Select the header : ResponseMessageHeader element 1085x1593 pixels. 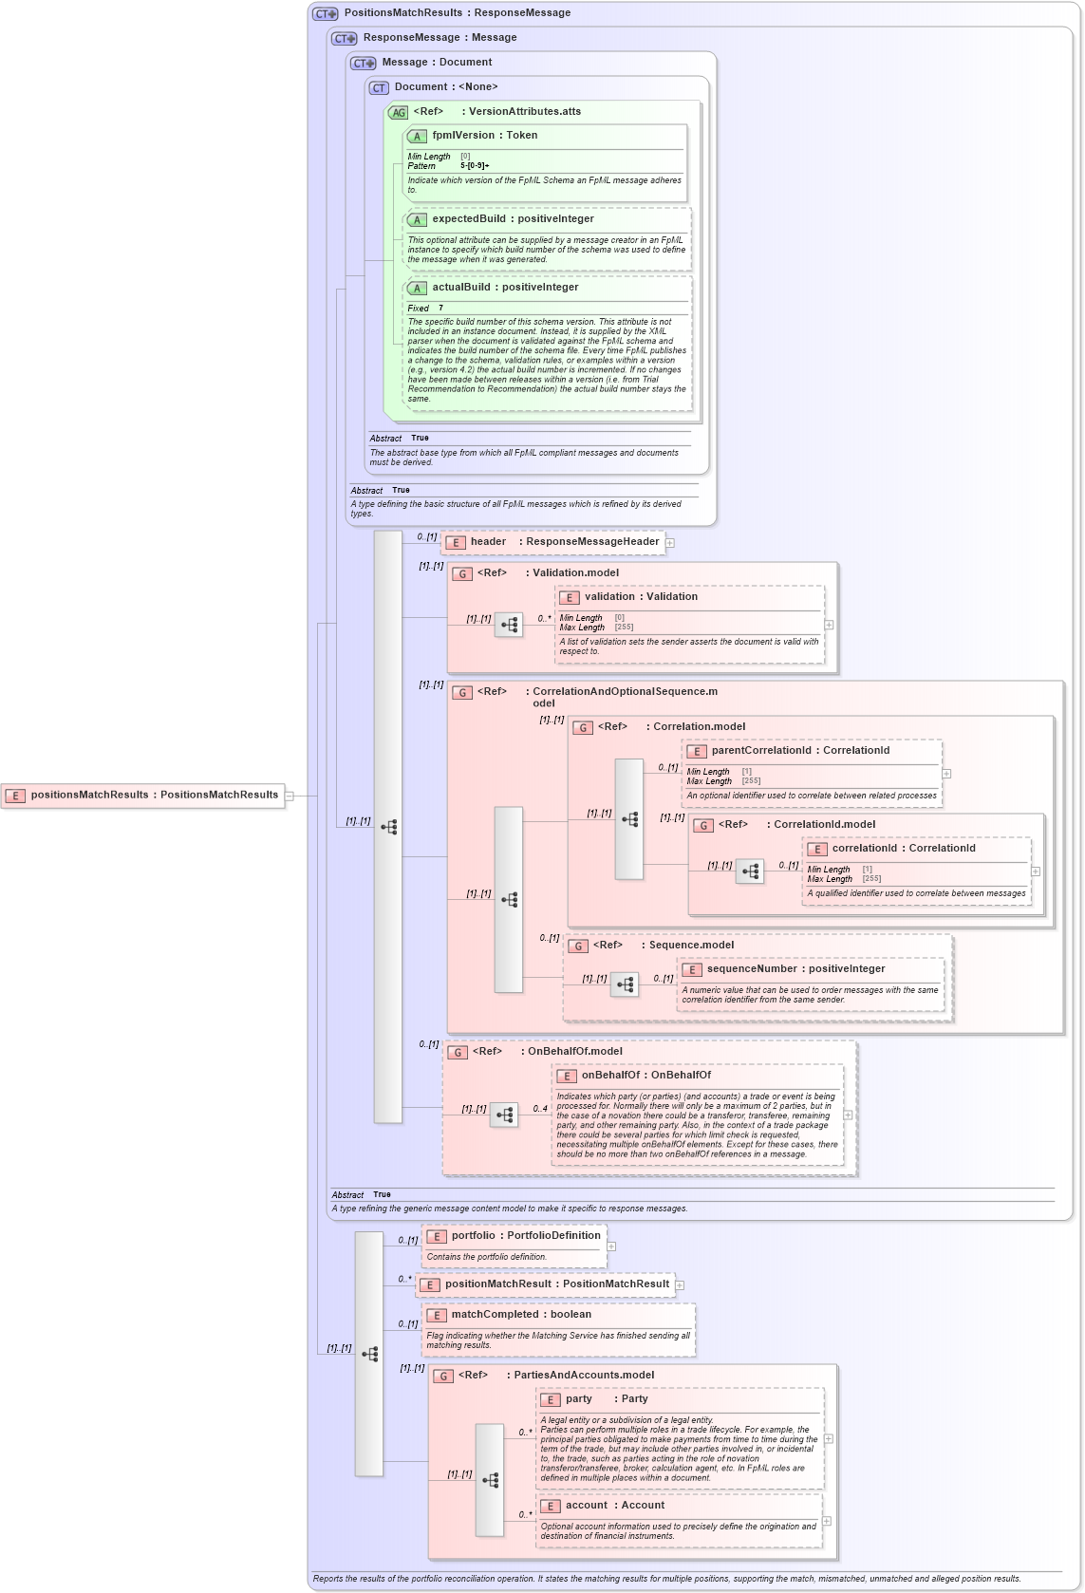(x=553, y=542)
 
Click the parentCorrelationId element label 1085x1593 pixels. (x=800, y=751)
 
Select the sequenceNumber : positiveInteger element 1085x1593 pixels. (x=795, y=969)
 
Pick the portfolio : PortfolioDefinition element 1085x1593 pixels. (x=525, y=1236)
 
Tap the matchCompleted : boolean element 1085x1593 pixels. (x=521, y=1315)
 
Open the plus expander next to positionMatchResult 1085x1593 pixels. (x=680, y=1285)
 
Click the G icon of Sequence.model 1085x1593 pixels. (x=578, y=946)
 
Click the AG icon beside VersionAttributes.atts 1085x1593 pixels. (x=398, y=113)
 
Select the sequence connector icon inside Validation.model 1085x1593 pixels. (x=509, y=625)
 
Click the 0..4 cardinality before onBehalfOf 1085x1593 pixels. (x=540, y=1109)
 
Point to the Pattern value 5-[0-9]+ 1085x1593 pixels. (x=475, y=166)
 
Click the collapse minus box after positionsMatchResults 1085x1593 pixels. (x=290, y=796)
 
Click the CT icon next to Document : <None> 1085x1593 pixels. (x=379, y=88)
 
